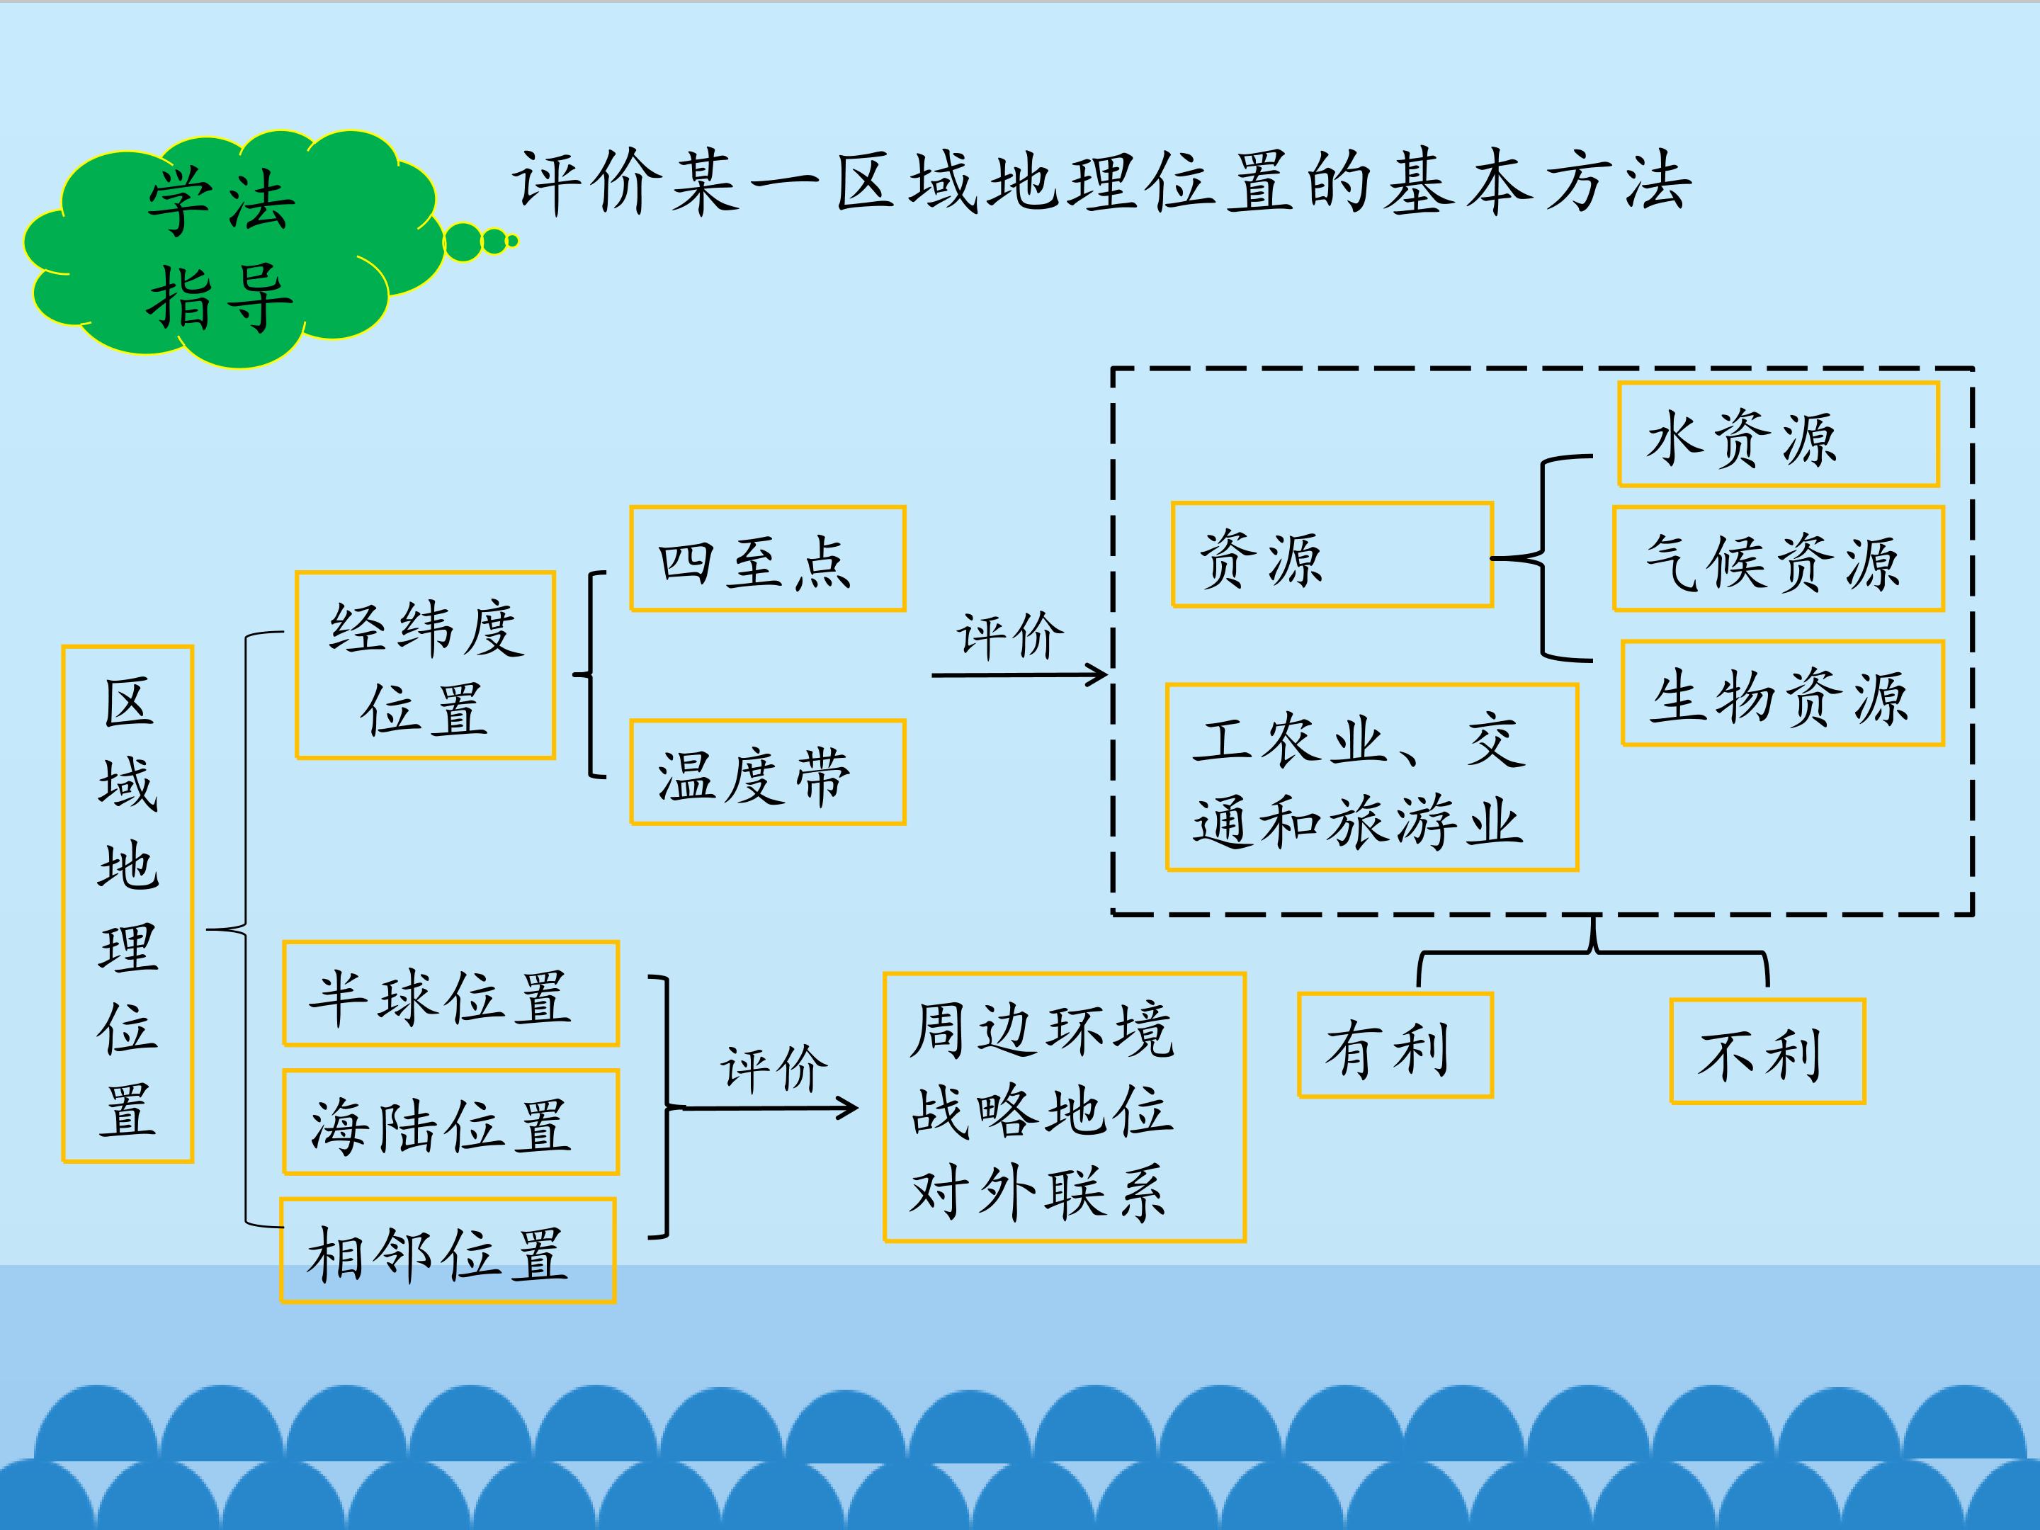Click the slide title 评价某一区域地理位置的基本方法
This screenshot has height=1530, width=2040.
(x=1102, y=183)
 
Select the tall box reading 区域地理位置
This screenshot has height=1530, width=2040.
(x=127, y=904)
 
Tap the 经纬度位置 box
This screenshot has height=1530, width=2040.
(x=425, y=665)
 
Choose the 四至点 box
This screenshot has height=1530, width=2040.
(x=767, y=559)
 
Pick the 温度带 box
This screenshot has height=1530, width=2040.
(x=767, y=773)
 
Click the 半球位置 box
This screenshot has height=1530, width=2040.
(x=450, y=994)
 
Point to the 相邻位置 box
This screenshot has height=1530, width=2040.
(x=447, y=1250)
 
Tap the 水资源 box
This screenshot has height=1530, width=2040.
(x=1778, y=434)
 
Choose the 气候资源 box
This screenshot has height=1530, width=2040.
(x=1778, y=559)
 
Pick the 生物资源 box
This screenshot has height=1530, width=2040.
(x=1781, y=693)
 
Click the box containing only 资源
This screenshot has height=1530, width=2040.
(x=1332, y=555)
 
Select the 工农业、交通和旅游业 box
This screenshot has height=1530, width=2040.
(x=1371, y=778)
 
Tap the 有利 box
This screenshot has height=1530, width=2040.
(x=1395, y=1045)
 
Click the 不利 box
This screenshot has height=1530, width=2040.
(x=1767, y=1051)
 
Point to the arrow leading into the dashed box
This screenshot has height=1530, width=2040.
(x=1019, y=675)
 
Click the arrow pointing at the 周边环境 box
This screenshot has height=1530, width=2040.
(x=766, y=1108)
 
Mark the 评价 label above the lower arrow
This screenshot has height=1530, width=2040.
(x=773, y=1069)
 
